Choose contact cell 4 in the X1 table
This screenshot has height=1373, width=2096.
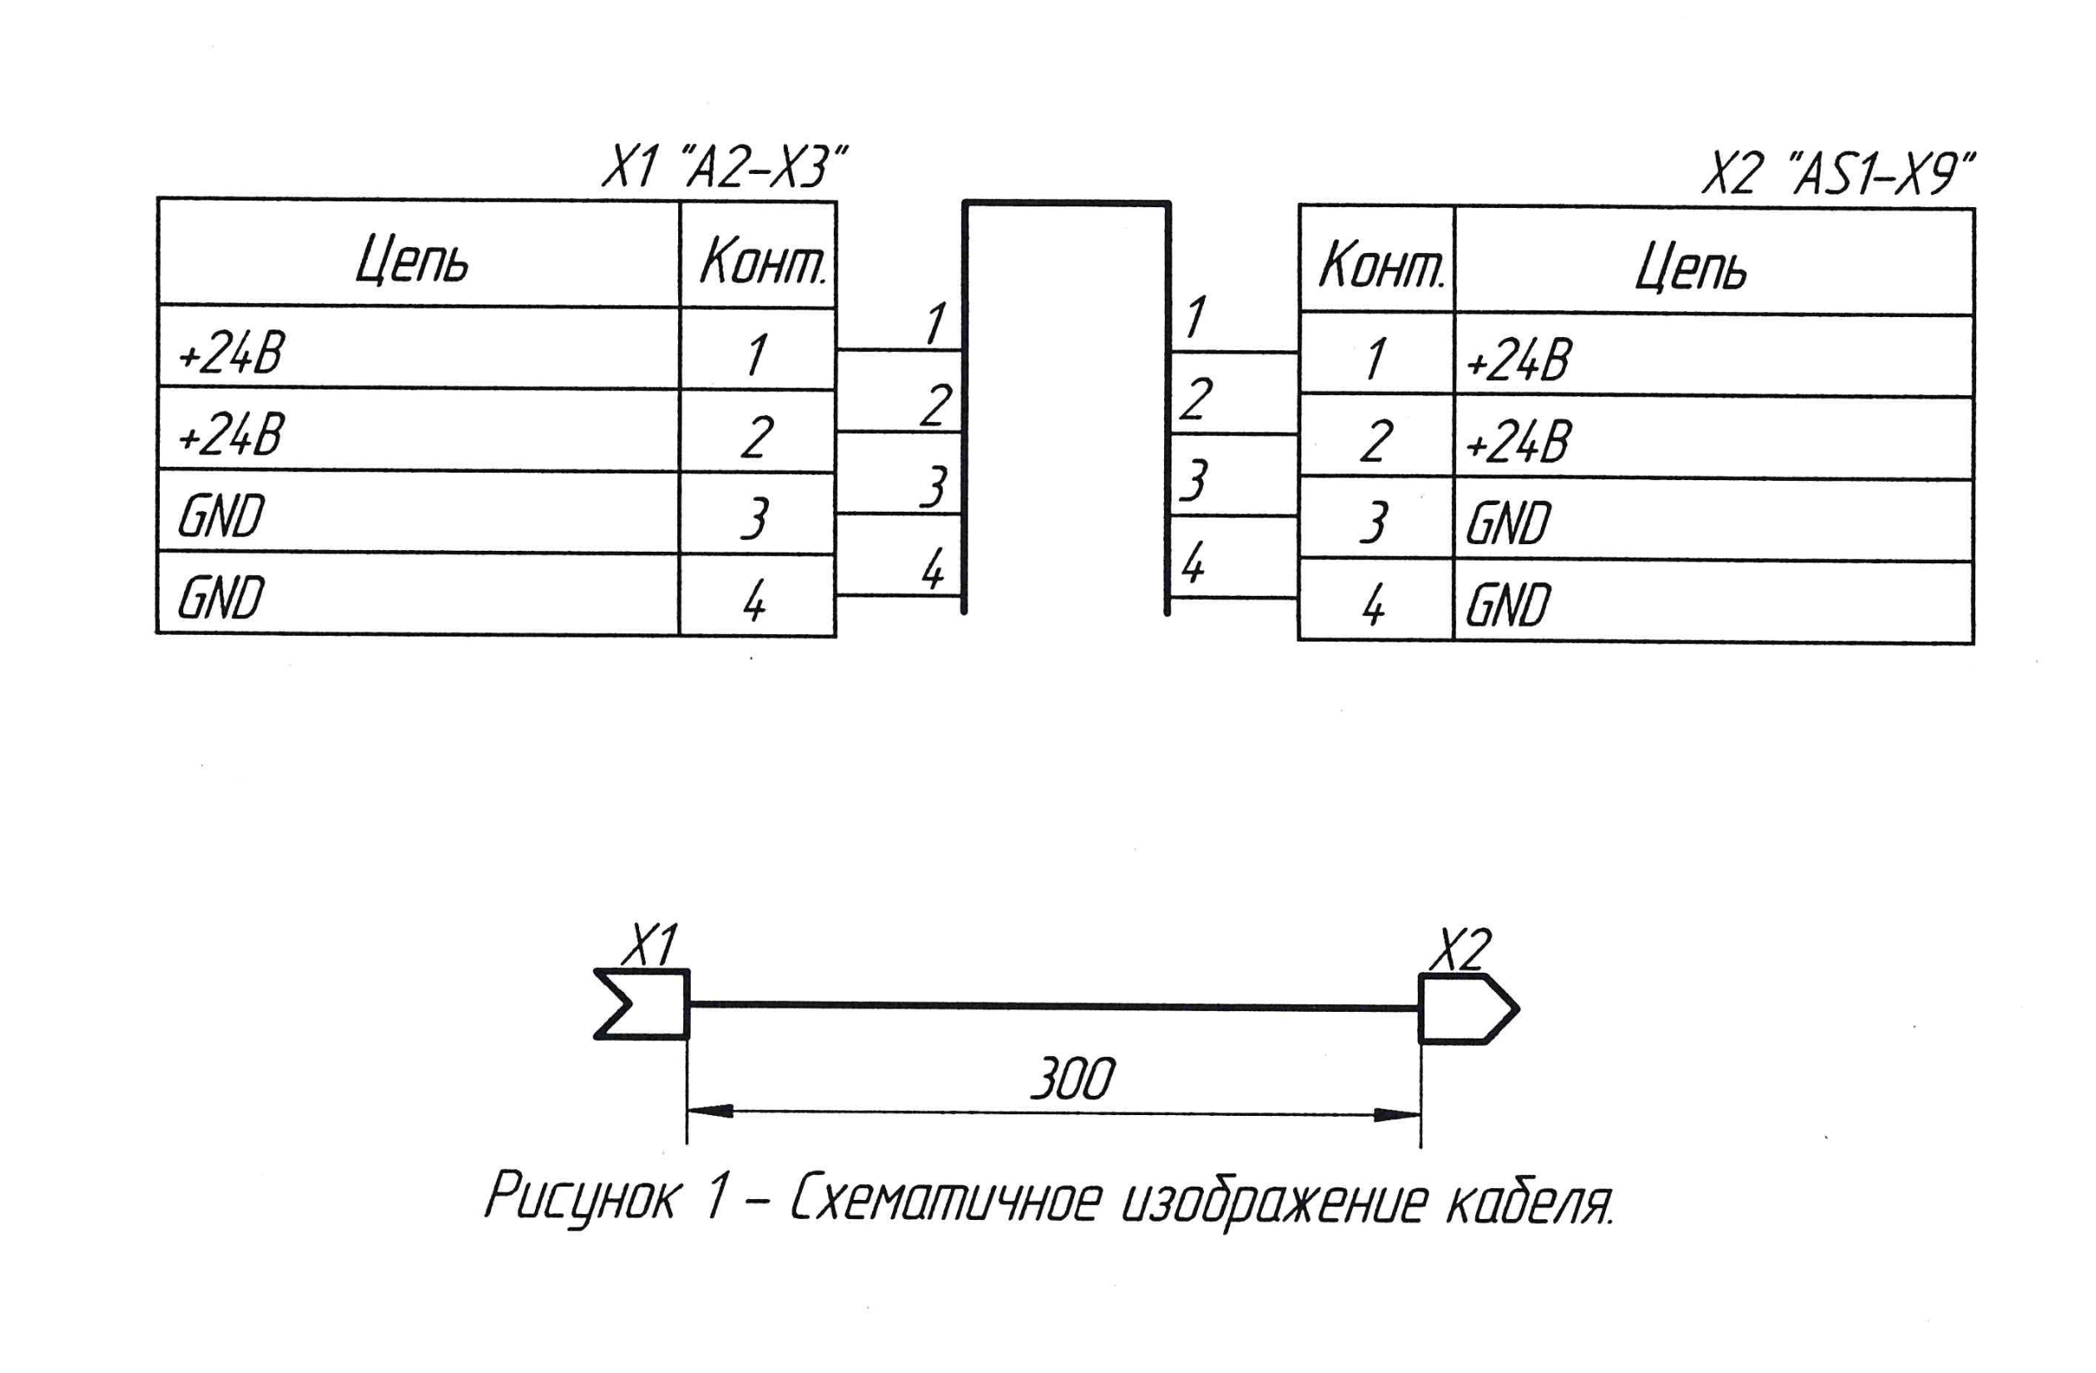[755, 601]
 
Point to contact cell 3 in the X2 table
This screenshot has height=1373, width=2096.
[1374, 522]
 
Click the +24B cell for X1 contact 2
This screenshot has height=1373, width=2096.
[231, 435]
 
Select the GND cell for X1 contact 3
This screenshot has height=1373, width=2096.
[221, 516]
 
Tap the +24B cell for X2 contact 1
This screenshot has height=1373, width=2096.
[1519, 359]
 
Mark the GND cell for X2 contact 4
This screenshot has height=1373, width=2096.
[1508, 604]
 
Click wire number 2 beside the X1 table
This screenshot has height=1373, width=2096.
[936, 405]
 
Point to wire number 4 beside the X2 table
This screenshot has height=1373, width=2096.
[1192, 562]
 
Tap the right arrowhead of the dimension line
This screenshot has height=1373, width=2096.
[1397, 1115]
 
